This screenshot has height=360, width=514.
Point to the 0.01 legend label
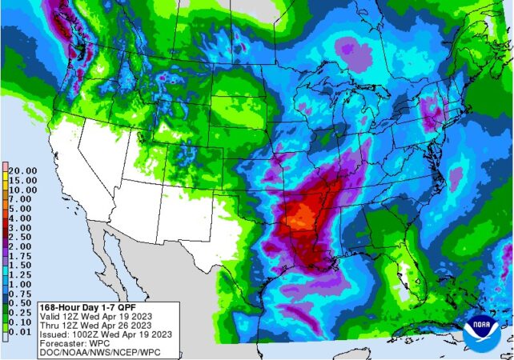tap(19, 332)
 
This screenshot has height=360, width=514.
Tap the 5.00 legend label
tap(19, 208)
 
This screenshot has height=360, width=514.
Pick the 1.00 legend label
tap(19, 284)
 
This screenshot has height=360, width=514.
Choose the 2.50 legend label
tap(19, 237)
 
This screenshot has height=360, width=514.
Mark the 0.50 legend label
tap(19, 303)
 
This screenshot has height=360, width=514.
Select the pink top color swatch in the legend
tap(6, 165)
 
